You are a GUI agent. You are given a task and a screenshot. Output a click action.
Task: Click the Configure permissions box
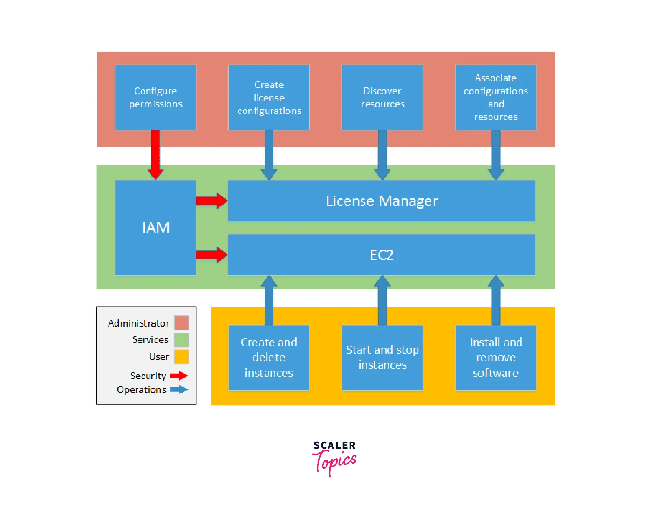155,97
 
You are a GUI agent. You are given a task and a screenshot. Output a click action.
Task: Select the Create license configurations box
269,97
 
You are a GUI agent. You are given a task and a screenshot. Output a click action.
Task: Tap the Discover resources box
382,97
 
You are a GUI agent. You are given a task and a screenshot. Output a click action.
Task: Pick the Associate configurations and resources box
496,97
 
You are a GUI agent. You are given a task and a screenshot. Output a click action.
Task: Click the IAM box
155,228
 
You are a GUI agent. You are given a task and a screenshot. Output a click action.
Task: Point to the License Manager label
382,201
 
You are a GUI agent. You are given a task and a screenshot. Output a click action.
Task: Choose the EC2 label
382,255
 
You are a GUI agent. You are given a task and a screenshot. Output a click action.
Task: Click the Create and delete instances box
269,358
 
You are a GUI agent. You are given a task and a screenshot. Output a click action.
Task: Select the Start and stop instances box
382,358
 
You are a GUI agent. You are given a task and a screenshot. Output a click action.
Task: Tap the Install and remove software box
496,358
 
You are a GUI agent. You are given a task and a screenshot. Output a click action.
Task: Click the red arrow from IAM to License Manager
211,201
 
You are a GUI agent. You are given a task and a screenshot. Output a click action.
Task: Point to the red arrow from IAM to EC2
211,255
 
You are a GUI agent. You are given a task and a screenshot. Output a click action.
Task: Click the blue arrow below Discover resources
382,155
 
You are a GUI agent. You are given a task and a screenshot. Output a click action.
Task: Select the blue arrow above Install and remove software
496,300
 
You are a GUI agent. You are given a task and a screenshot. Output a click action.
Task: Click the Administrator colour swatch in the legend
181,323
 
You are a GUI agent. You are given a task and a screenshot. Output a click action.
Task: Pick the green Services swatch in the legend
181,340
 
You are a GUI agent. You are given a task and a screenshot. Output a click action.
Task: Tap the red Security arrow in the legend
179,376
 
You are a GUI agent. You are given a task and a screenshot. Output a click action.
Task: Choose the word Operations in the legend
142,390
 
